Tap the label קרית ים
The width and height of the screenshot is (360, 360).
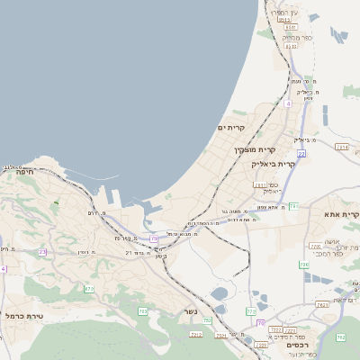[x=232, y=128]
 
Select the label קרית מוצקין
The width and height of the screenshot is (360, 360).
[x=252, y=149]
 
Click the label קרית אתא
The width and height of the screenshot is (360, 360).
[x=344, y=215]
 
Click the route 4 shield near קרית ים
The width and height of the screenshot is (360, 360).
[x=288, y=104]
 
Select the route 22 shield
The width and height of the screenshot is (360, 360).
[x=301, y=154]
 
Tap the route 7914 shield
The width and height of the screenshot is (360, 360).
[x=341, y=146]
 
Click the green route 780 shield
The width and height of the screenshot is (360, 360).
[x=304, y=265]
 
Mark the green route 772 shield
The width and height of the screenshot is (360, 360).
[x=251, y=311]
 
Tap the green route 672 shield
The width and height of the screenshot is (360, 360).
[x=89, y=289]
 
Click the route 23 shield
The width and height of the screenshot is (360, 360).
[x=42, y=252]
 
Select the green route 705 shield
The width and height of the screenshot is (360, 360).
[x=142, y=311]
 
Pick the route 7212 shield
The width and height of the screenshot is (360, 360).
[x=196, y=334]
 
